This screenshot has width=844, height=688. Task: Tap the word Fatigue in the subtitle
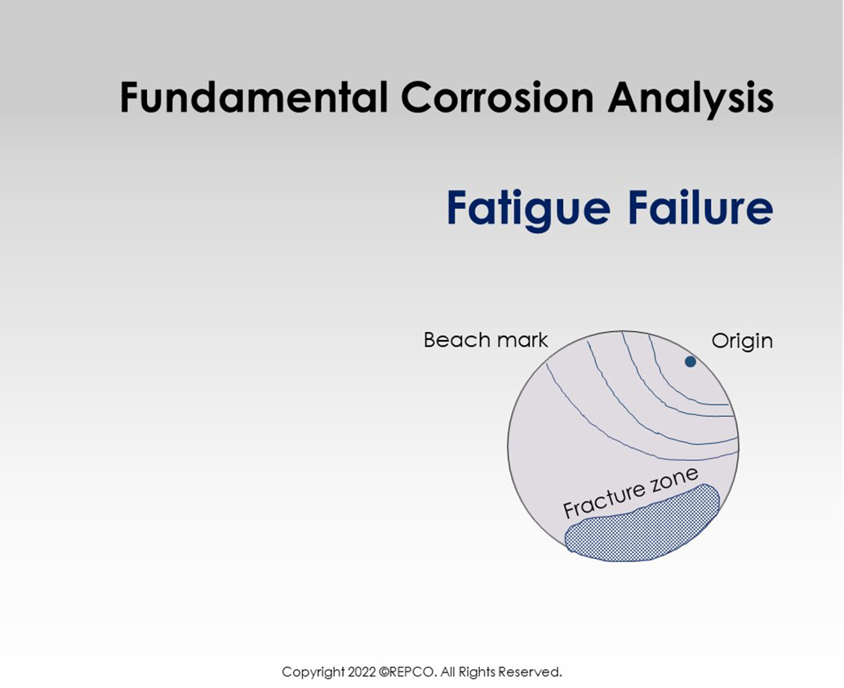coord(527,209)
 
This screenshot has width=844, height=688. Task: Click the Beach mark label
coord(486,340)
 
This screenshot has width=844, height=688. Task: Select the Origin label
coord(741,341)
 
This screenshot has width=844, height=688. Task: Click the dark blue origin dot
coord(690,361)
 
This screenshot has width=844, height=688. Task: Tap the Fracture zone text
coord(630,493)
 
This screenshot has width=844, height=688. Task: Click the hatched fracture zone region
coord(645,527)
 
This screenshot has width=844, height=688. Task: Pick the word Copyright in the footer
coord(313,672)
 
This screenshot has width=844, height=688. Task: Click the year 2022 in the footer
coord(362,672)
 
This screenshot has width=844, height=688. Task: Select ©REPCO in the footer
coord(409,672)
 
